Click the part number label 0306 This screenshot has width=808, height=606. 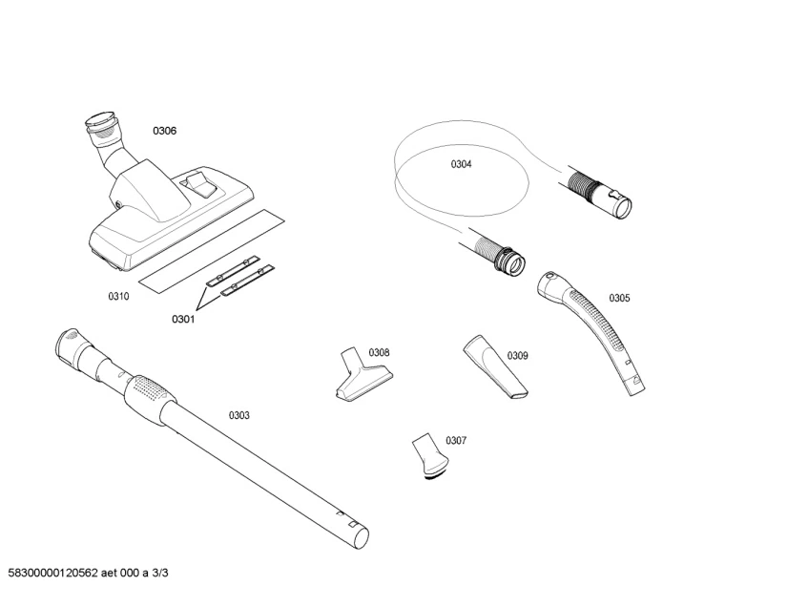pos(165,131)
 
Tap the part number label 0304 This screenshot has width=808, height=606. pos(461,164)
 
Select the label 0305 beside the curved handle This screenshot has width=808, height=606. pos(619,298)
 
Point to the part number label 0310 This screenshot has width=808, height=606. pos(117,297)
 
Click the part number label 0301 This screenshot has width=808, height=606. pos(183,320)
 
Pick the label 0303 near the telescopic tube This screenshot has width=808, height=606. pos(238,415)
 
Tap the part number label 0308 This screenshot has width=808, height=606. pos(379,352)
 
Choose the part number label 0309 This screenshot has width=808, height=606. pos(517,356)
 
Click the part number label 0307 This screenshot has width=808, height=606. pos(456,440)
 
